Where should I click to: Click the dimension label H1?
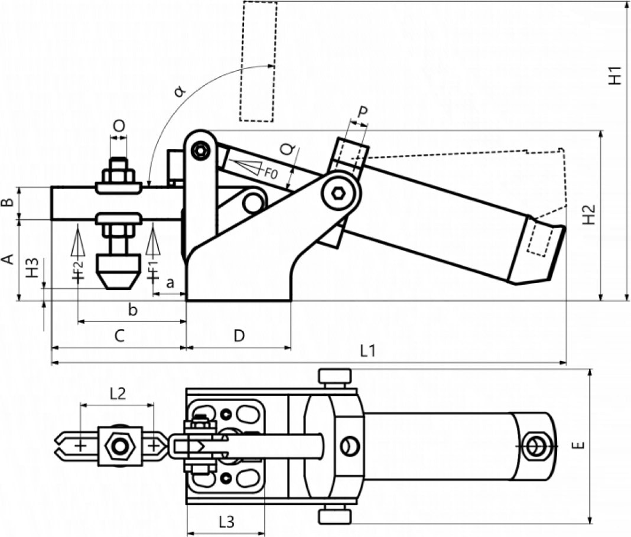pyautogui.click(x=615, y=76)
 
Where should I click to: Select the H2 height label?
pyautogui.click(x=589, y=214)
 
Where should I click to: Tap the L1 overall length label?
pyautogui.click(x=367, y=351)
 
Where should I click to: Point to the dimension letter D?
pyautogui.click(x=239, y=336)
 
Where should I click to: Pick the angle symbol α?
pyautogui.click(x=180, y=92)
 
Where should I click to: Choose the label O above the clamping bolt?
pyautogui.click(x=119, y=126)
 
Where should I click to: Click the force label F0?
pyautogui.click(x=271, y=174)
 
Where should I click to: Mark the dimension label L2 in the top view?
pyautogui.click(x=118, y=393)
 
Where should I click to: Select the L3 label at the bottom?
pyautogui.click(x=226, y=522)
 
